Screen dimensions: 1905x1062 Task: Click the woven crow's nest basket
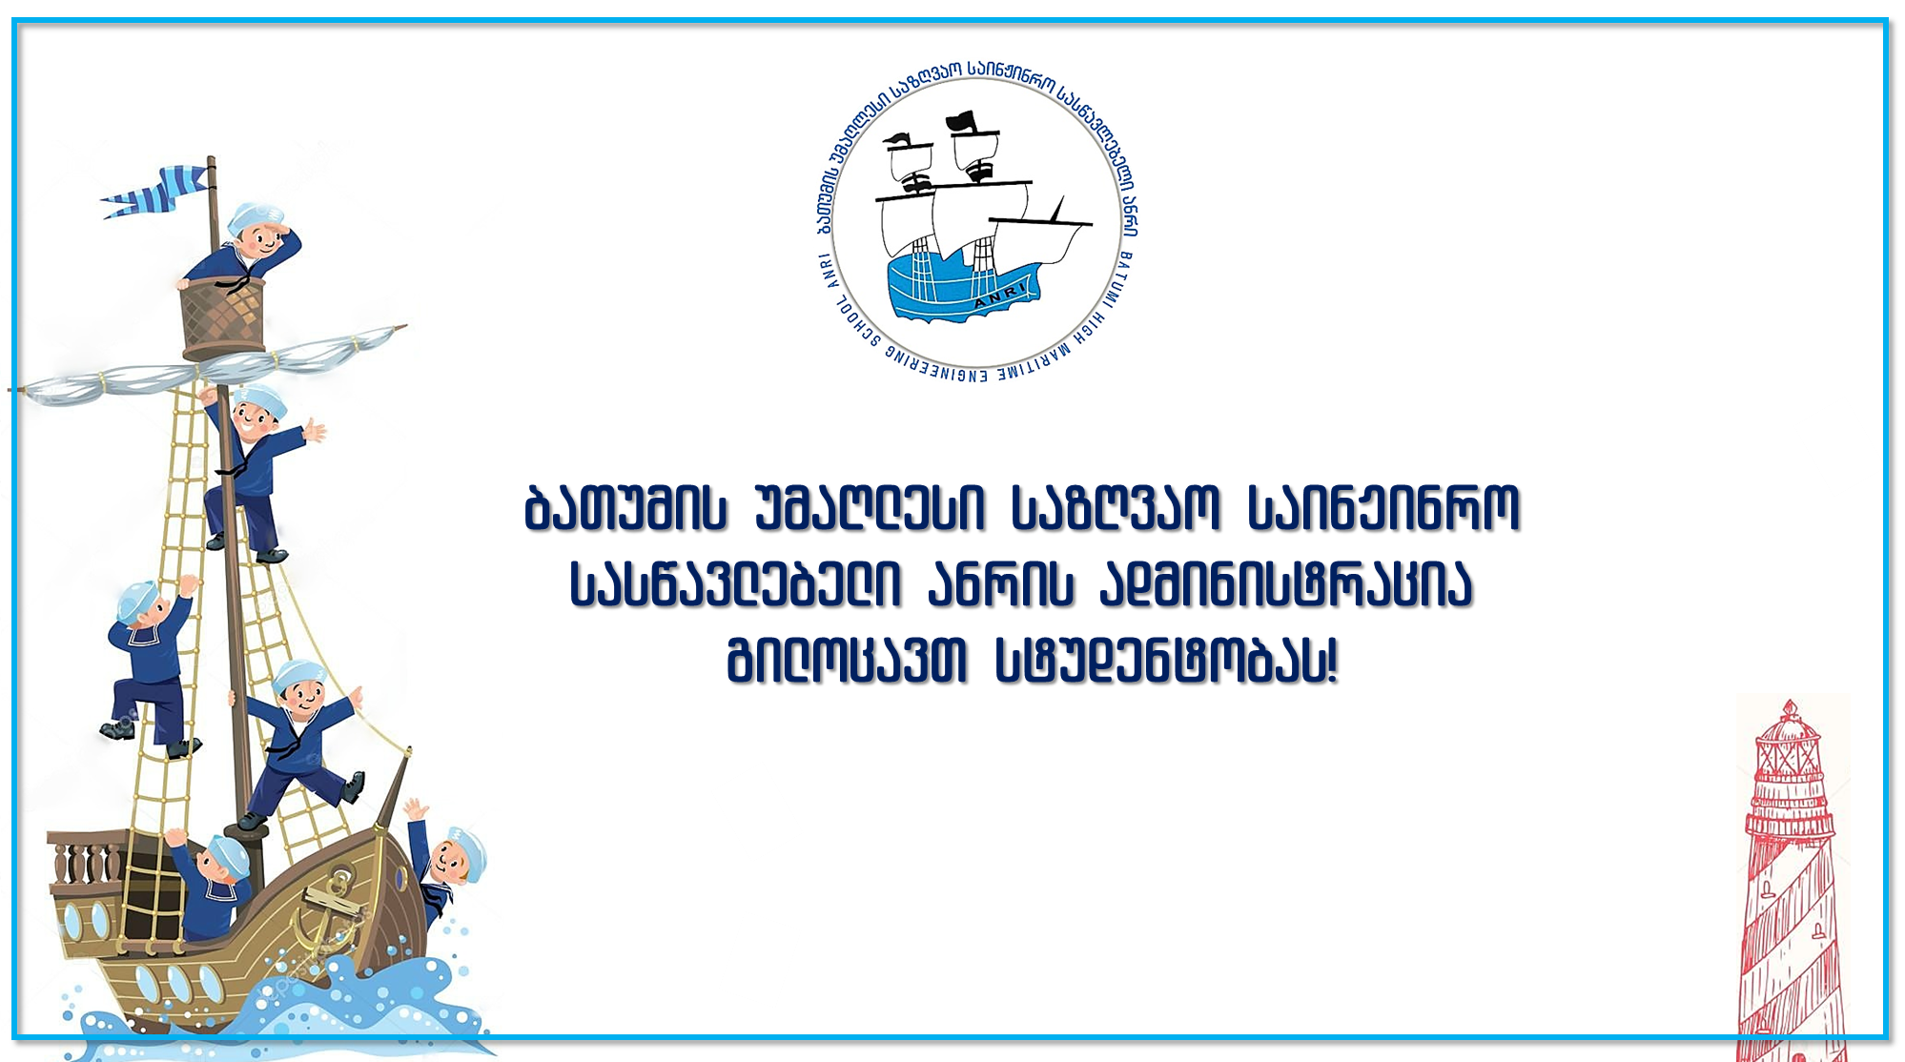223,318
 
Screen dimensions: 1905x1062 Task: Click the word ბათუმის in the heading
626,508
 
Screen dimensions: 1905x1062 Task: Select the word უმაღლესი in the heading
869,508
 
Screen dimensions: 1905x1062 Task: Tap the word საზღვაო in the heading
1116,508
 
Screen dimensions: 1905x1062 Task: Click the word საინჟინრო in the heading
1383,508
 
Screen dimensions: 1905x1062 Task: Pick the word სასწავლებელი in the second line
735,583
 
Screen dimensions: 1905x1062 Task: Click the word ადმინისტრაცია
1286,583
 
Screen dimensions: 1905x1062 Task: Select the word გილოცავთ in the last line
848,660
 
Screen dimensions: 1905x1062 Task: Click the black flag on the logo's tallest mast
961,121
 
